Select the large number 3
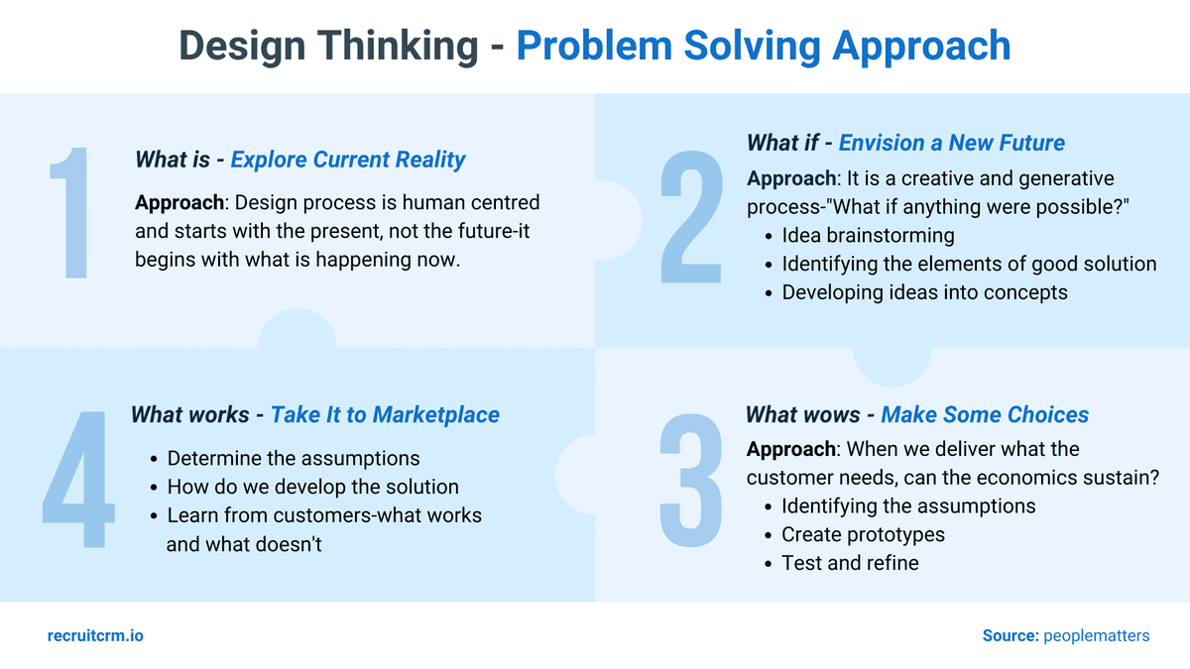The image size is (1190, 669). pos(691,481)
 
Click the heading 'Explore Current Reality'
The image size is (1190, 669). pos(348,160)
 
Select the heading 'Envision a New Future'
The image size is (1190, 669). pos(951,143)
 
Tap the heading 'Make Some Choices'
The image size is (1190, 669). pos(984,414)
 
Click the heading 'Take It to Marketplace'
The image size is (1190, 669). pos(385,414)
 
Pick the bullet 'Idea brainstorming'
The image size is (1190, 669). pos(868,236)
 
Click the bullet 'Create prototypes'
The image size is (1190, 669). pos(863,534)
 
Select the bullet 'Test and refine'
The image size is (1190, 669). pos(850,563)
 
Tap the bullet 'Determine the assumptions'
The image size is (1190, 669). pos(294,458)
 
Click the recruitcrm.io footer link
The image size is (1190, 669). pos(95,635)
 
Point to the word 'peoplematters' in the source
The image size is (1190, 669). pos(1096,635)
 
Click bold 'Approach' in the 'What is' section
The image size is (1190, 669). pos(178,203)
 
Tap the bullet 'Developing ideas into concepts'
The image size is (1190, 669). pos(924,292)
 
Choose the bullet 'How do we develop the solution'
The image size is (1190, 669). pos(312,487)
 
